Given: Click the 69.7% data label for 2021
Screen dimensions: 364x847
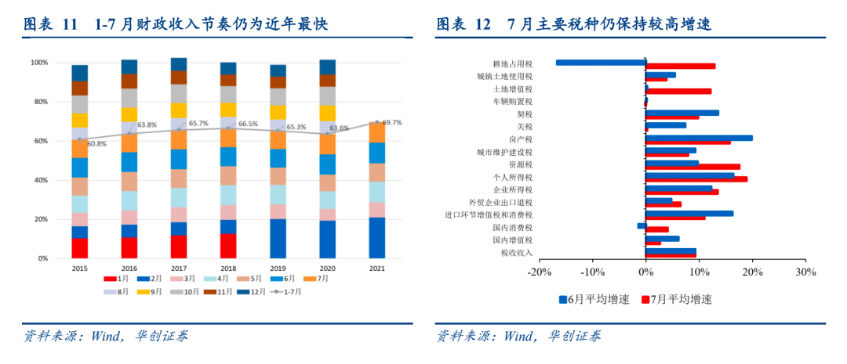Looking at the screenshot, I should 392,122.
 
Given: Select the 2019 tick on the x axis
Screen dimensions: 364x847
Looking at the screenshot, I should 278,268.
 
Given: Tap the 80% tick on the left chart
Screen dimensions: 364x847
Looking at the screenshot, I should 39,102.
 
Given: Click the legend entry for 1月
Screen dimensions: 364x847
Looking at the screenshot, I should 121,279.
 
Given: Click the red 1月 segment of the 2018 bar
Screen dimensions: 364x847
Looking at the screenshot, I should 228,246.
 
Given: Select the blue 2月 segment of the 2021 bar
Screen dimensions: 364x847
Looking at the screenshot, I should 376,237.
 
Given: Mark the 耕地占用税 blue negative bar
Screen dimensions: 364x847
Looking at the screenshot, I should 600,63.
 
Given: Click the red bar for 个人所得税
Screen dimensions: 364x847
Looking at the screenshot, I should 696,179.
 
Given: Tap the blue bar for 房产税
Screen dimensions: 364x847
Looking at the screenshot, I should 699,138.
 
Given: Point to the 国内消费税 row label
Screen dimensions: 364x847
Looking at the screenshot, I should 512,228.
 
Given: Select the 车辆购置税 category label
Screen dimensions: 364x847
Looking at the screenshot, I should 512,102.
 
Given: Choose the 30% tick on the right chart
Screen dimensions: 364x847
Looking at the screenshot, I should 805,272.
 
